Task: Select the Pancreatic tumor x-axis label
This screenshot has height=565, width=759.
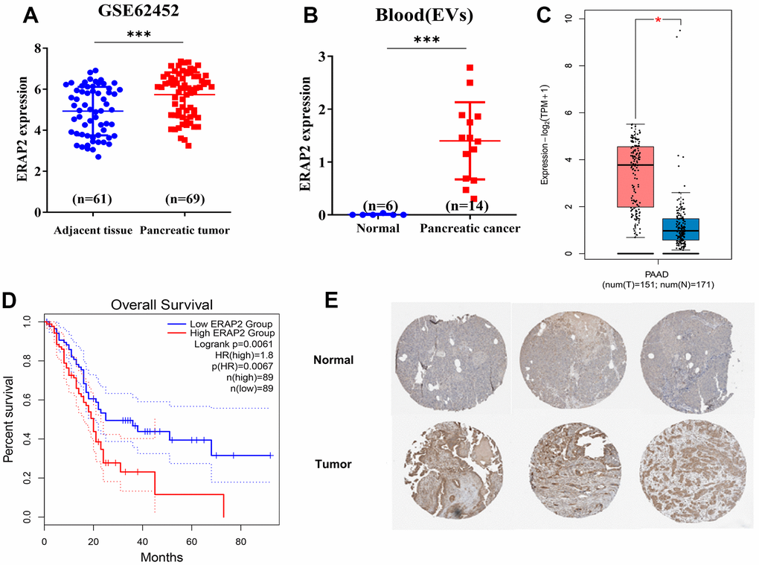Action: (x=184, y=231)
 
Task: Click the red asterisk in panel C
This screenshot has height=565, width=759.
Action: (x=658, y=21)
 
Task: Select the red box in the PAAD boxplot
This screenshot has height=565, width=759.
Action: (x=635, y=176)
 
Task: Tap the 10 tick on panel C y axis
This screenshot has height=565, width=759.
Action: (x=569, y=18)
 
